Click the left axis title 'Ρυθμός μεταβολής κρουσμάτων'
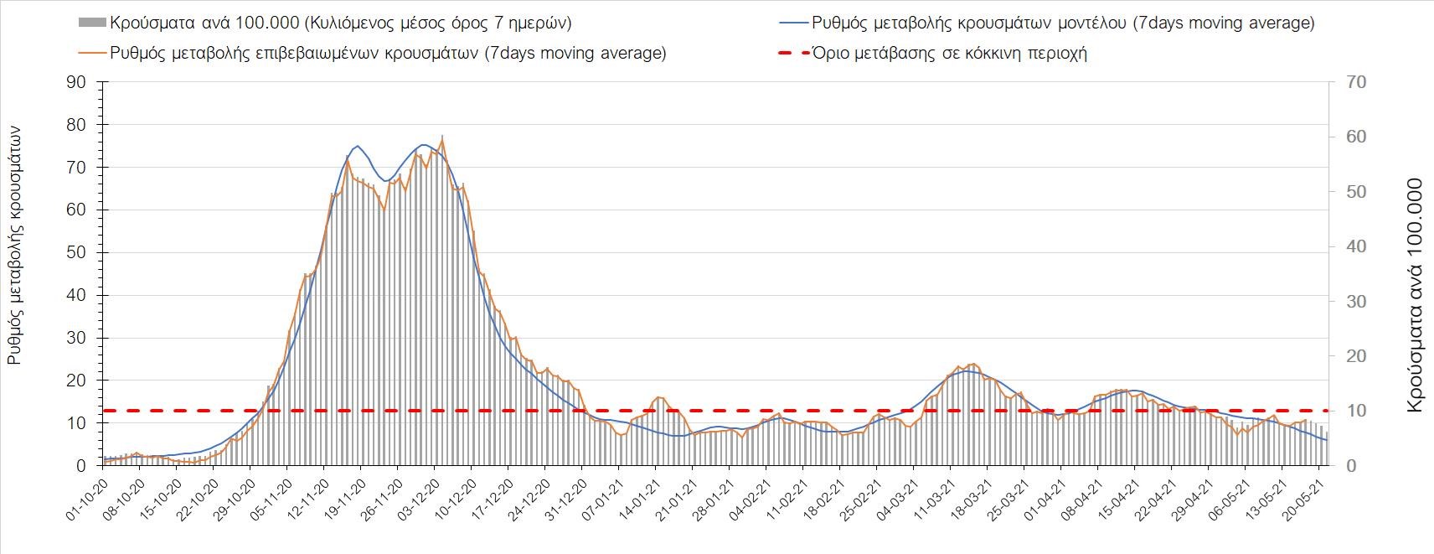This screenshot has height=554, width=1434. (15, 245)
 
